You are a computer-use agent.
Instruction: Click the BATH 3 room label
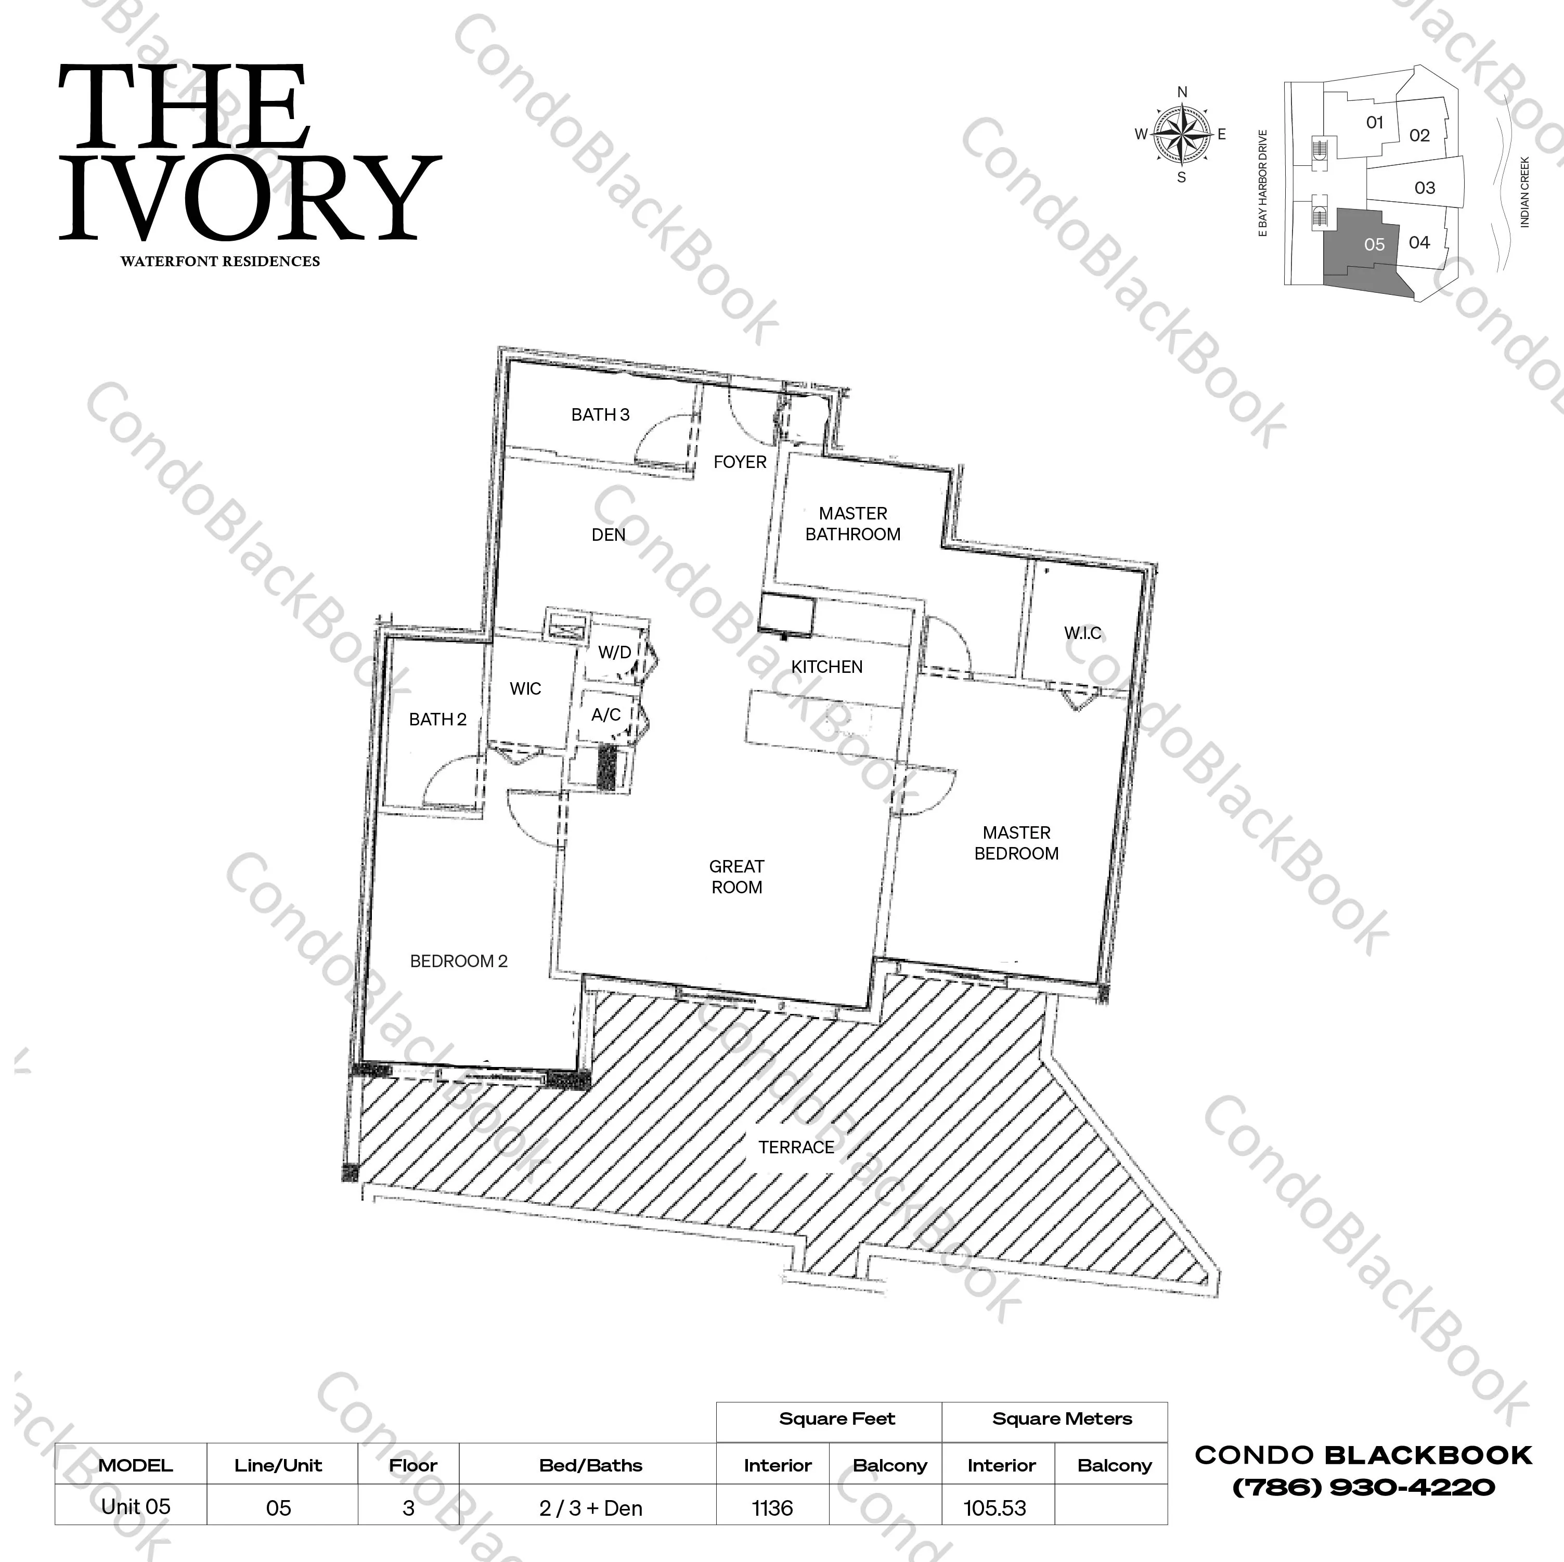point(600,415)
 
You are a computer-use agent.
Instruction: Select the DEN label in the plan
point(609,535)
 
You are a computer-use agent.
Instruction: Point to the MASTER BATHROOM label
point(853,524)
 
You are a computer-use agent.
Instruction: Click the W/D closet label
point(614,653)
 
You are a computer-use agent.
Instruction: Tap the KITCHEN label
point(826,667)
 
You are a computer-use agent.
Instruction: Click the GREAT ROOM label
point(736,877)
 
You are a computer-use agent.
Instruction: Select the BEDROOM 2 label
point(459,961)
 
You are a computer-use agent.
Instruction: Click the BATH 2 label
point(438,720)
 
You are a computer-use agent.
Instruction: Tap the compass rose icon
point(1182,134)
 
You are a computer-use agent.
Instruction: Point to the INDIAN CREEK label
point(1524,192)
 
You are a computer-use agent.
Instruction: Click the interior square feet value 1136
point(772,1508)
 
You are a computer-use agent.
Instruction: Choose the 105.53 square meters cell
point(995,1508)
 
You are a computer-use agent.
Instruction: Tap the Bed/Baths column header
point(591,1465)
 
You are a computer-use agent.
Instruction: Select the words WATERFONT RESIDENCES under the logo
point(220,262)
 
